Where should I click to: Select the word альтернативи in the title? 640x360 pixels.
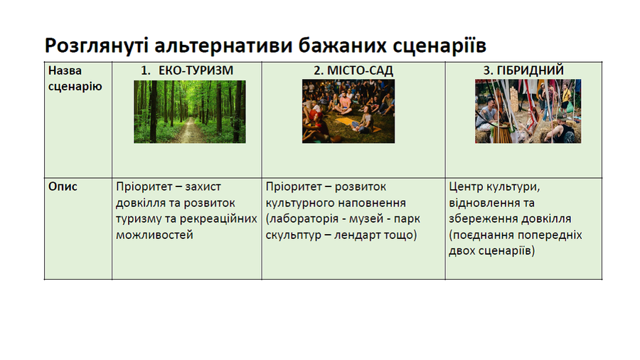(223, 46)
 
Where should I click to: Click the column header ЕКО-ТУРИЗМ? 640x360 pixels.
(196, 70)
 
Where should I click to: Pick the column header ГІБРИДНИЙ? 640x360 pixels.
(530, 70)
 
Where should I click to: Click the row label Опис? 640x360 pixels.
(63, 187)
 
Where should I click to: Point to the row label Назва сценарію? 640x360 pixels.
(75, 78)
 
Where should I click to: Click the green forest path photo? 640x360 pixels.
(190, 112)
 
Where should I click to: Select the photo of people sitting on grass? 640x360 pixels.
(348, 111)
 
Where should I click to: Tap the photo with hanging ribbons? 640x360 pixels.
(528, 111)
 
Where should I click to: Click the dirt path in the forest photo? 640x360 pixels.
(190, 131)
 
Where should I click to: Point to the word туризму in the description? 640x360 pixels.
(139, 219)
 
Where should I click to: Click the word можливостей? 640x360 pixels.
(154, 235)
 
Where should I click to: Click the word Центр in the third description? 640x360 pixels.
(464, 187)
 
